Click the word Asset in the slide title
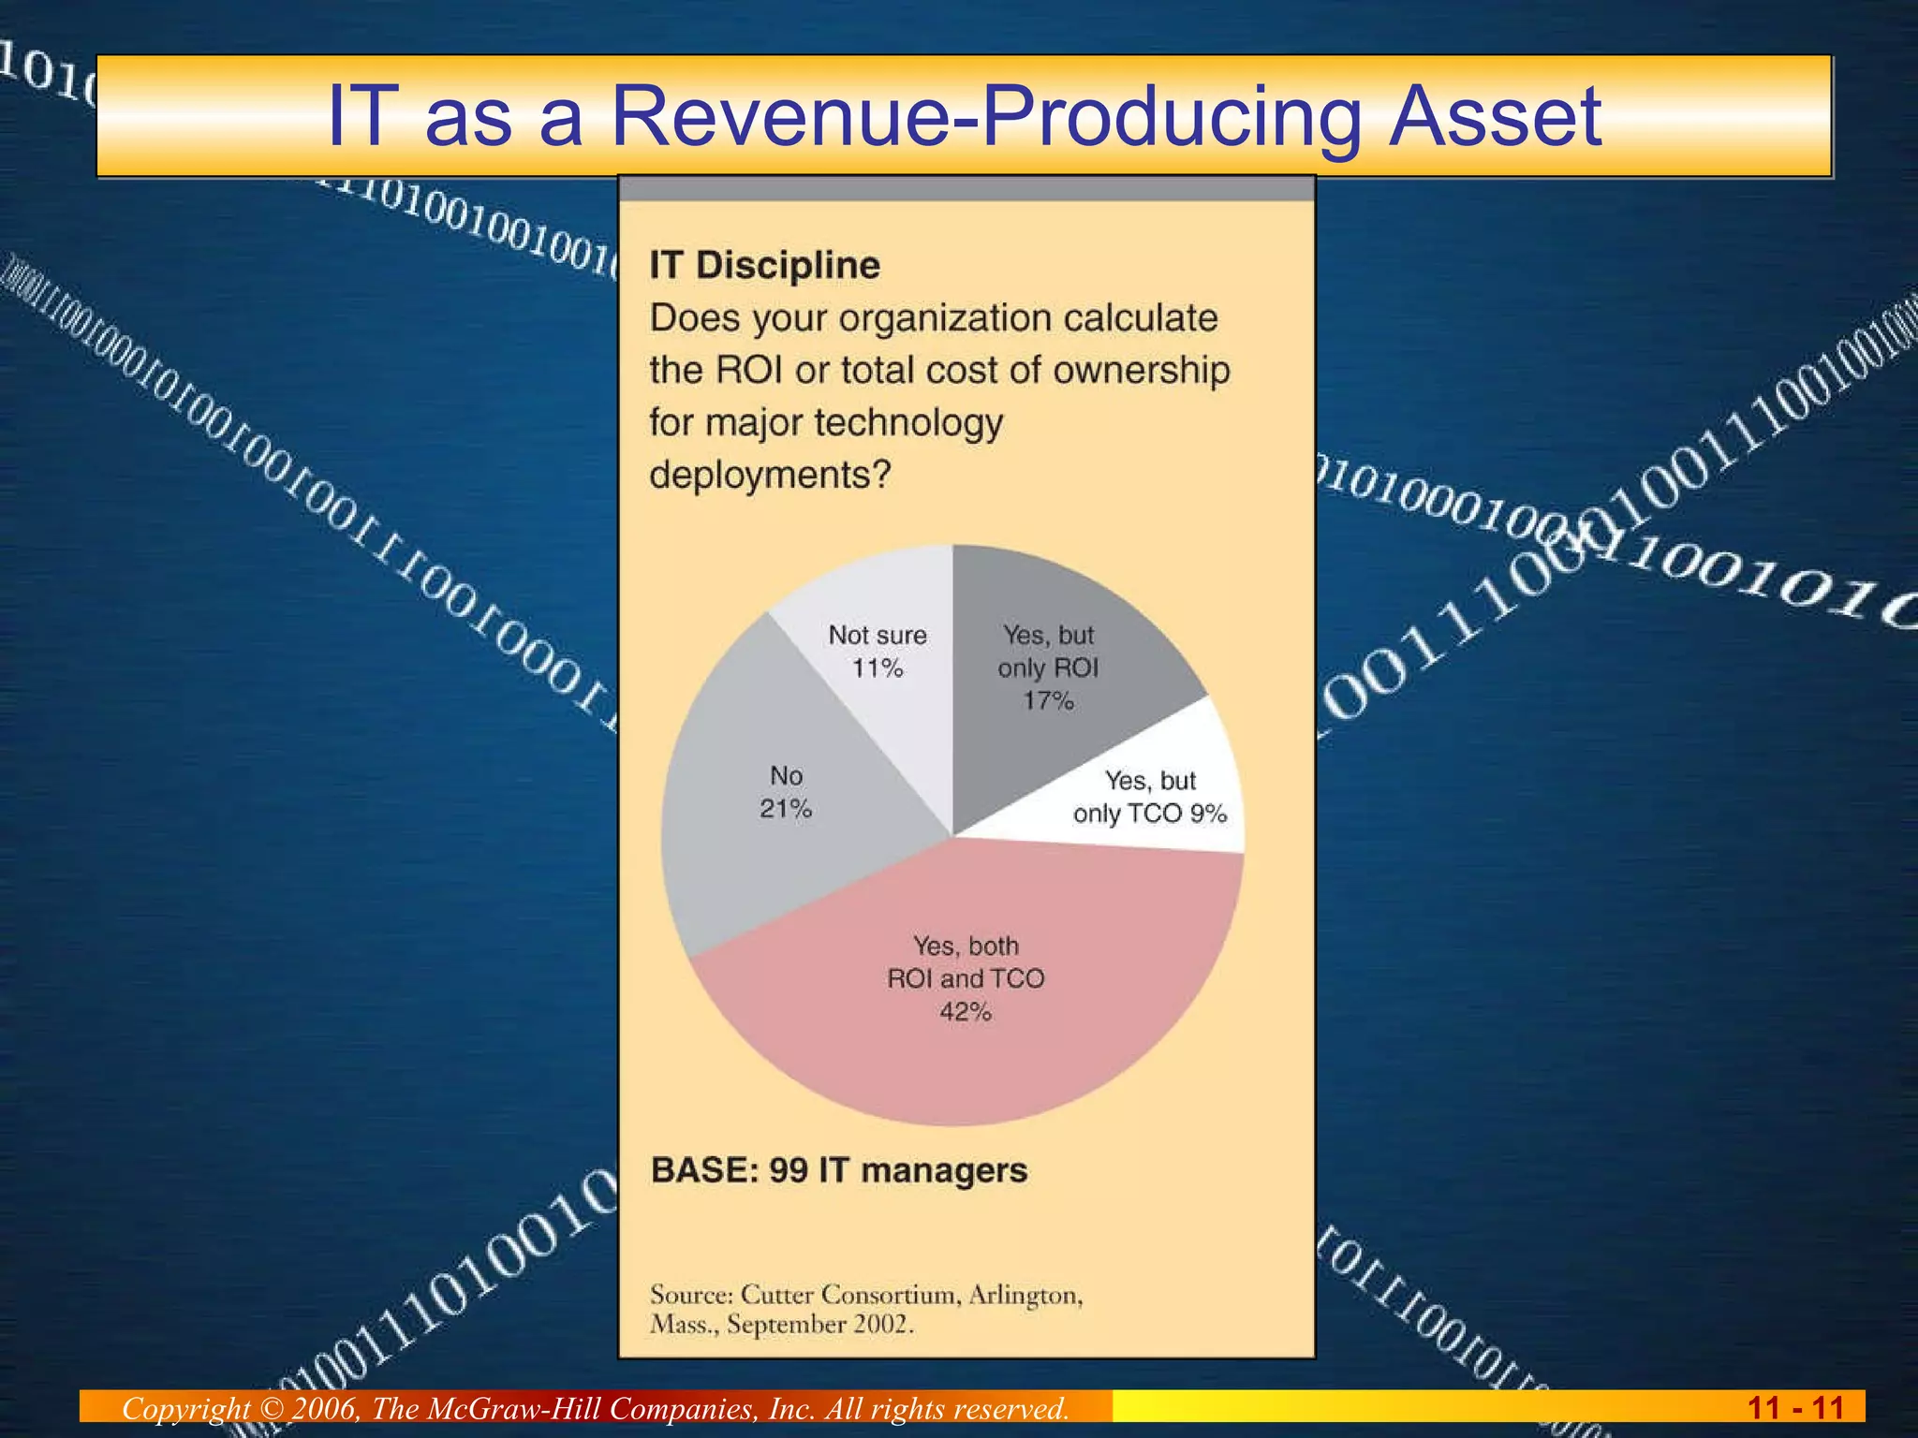[x=1495, y=116]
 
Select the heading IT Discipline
[x=764, y=266]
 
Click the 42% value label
[x=966, y=1012]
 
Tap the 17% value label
[x=1048, y=701]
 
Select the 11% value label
[x=878, y=668]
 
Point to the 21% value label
[x=786, y=809]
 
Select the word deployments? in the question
[x=770, y=475]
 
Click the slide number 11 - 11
[x=1795, y=1408]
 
